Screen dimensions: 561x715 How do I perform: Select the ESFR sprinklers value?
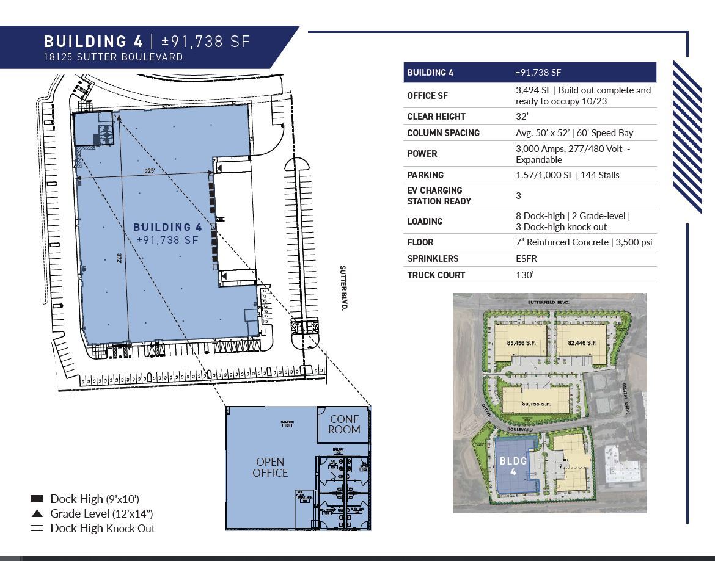(x=526, y=258)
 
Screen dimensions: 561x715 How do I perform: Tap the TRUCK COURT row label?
(x=436, y=275)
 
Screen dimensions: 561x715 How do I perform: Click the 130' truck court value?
(x=524, y=275)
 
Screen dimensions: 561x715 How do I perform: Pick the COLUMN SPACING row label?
(x=443, y=132)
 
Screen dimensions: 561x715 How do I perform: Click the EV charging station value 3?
(x=518, y=195)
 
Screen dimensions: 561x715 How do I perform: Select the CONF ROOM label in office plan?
(x=344, y=424)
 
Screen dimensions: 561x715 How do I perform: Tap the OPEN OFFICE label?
(x=270, y=467)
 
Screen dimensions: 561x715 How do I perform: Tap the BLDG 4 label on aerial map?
(x=513, y=467)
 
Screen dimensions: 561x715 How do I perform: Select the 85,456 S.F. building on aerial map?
(x=521, y=343)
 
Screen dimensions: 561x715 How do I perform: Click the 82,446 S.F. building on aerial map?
(x=582, y=343)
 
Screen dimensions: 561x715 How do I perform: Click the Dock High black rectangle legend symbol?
(x=37, y=499)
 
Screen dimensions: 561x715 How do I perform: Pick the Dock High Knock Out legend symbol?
(x=37, y=528)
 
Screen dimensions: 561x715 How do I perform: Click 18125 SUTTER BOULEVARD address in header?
(x=113, y=57)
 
